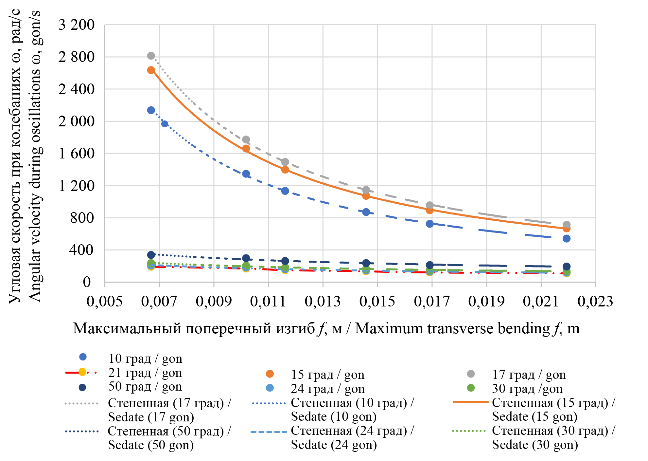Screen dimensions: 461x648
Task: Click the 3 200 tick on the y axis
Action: (x=77, y=25)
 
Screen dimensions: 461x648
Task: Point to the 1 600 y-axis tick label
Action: (x=77, y=154)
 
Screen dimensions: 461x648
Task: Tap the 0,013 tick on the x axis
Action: (x=323, y=301)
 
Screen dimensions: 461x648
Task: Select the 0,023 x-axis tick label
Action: (x=595, y=301)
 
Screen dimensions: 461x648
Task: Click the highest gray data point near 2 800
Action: (x=151, y=56)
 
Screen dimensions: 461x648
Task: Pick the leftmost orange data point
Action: (x=151, y=70)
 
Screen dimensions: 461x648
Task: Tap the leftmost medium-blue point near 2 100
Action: (x=151, y=110)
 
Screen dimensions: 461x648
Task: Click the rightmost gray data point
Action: (x=567, y=225)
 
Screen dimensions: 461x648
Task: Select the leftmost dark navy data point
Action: (x=151, y=255)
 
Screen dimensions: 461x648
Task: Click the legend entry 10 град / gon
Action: (x=145, y=359)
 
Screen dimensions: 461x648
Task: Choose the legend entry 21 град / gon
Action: (x=145, y=373)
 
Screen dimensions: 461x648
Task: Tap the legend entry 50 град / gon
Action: (x=145, y=387)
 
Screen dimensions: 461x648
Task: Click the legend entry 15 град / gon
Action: (x=327, y=375)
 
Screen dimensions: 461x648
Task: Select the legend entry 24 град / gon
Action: (x=327, y=389)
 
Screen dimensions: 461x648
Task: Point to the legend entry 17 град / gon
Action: (x=529, y=375)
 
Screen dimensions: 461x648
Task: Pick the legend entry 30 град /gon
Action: (x=527, y=389)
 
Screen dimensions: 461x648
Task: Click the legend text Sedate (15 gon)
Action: (x=534, y=416)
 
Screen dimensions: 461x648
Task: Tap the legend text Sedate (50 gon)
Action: (x=151, y=445)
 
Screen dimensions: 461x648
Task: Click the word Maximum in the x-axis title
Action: (x=389, y=328)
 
